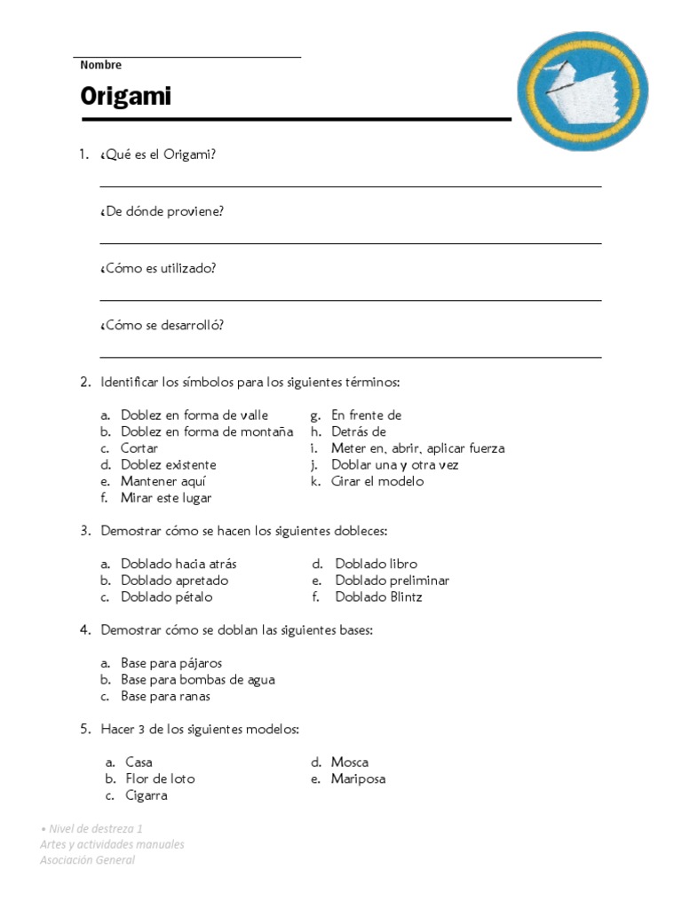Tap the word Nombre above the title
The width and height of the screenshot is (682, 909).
click(100, 65)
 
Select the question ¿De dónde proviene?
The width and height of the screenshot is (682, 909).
click(162, 211)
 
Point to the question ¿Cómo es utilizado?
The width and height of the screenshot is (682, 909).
click(158, 268)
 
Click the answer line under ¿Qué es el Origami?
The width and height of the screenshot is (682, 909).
click(350, 186)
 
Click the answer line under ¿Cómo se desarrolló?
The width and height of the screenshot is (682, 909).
click(350, 357)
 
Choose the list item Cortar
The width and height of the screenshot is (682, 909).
click(139, 448)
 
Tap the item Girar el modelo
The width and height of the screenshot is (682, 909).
click(377, 481)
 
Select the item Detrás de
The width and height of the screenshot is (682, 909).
click(358, 431)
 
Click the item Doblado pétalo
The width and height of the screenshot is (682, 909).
click(160, 597)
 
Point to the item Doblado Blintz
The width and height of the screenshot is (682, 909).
click(378, 597)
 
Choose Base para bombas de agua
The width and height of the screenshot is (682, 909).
click(197, 680)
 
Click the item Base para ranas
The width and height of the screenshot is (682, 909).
click(165, 696)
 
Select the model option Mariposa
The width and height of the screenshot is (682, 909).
click(358, 779)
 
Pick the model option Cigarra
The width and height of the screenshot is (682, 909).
click(147, 795)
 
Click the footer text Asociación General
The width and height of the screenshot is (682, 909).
click(87, 860)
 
